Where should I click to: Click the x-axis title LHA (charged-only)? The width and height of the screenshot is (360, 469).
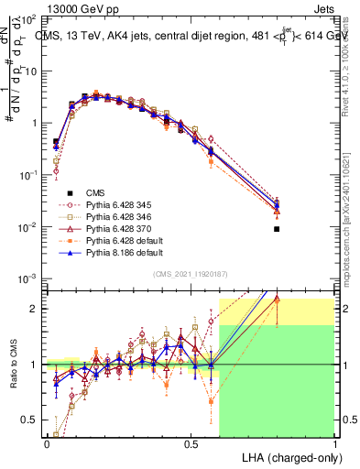coord(289,456)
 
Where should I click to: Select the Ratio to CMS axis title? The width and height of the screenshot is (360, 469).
coord(14,364)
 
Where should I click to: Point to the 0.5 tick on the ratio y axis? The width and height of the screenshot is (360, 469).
coord(29,420)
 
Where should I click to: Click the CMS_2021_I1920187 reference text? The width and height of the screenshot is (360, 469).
coord(191,275)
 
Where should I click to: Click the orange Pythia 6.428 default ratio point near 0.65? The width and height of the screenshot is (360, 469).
coord(212,400)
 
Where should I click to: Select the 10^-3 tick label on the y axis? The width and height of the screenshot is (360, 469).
coord(27,278)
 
